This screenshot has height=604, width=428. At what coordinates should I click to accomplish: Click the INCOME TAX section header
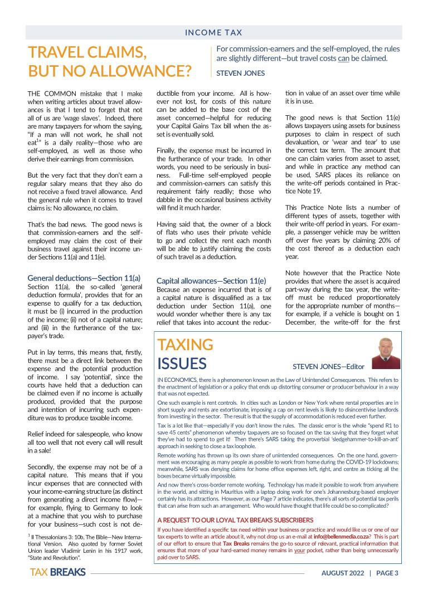click(215, 33)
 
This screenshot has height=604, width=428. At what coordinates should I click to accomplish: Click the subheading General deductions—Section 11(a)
click(84, 277)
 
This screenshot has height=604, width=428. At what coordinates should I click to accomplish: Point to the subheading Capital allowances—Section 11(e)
click(212, 281)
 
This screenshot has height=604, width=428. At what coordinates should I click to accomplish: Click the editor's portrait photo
click(386, 353)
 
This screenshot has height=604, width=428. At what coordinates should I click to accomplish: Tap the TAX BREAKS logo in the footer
click(57, 573)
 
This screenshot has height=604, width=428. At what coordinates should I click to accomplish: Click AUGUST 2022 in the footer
click(342, 573)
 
